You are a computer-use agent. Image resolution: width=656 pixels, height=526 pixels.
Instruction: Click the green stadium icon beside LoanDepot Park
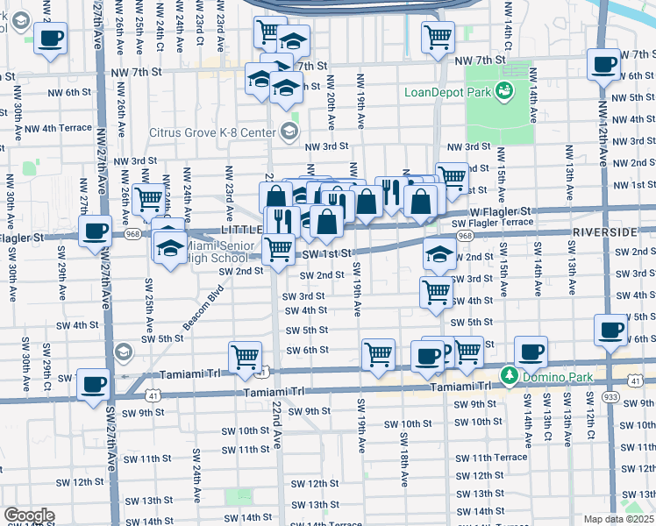[x=503, y=90]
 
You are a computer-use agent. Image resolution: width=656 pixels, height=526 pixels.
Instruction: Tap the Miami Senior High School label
[x=218, y=252]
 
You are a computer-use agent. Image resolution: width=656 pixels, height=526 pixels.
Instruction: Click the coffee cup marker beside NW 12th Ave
[x=604, y=65]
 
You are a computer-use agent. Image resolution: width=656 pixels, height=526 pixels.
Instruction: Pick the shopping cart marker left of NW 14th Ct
[x=438, y=37]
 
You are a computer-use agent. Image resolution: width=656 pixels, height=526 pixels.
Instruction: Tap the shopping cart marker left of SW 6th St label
[x=245, y=356]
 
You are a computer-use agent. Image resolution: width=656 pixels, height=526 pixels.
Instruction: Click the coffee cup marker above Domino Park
[x=530, y=352]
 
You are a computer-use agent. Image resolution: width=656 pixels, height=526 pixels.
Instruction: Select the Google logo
[x=29, y=515]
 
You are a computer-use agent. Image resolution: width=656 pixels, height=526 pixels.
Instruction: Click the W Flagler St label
[x=499, y=211]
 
